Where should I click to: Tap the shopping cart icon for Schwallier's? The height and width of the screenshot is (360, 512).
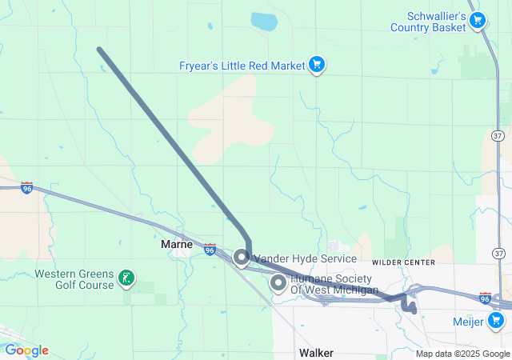[478, 19]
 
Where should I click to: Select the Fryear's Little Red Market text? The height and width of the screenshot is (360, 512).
[242, 64]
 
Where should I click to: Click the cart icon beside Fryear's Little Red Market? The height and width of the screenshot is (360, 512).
[317, 64]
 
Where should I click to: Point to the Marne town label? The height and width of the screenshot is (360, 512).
[177, 244]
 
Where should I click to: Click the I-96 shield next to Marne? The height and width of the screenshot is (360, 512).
[210, 250]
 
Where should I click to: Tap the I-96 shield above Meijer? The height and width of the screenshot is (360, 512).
[484, 297]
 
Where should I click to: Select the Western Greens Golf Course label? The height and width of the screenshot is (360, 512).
[73, 278]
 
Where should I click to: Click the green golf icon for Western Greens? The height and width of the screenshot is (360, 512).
[126, 278]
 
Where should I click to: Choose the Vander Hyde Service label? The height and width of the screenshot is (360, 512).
[305, 259]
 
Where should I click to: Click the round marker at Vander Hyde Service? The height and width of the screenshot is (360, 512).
[241, 258]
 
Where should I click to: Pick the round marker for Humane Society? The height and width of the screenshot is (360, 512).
[278, 282]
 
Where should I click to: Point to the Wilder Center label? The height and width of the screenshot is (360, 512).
[403, 262]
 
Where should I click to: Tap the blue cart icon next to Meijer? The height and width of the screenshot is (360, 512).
[497, 321]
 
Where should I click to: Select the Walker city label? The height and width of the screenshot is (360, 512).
[316, 352]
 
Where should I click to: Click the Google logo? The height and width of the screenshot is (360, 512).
[26, 350]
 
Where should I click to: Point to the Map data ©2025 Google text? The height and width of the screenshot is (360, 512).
[462, 354]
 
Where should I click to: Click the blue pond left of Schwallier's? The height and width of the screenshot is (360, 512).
[263, 21]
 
